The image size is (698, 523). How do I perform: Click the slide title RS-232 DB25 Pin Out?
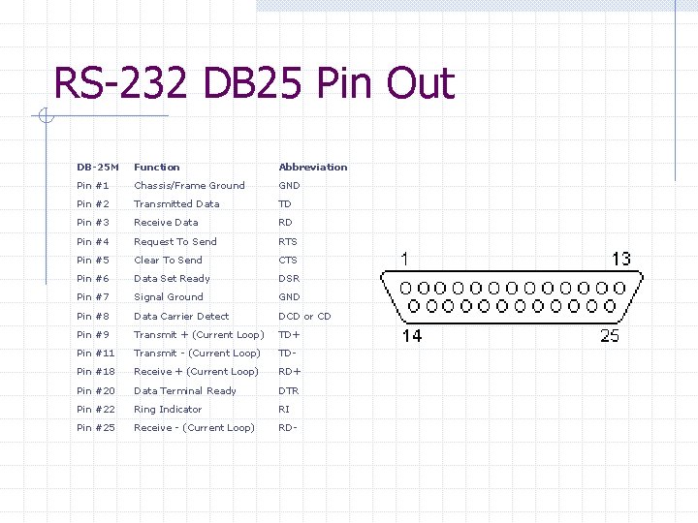[x=254, y=83]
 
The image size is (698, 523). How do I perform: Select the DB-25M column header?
[x=98, y=167]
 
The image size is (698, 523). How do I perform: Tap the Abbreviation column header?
[x=312, y=167]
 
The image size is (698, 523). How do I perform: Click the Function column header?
[x=157, y=167]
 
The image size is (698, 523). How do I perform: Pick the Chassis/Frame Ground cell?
[x=189, y=185]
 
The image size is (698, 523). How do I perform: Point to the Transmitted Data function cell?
[x=176, y=203]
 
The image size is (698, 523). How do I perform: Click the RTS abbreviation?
[x=288, y=241]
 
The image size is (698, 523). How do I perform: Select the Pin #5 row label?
[x=93, y=260]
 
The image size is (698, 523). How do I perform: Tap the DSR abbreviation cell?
[x=289, y=278]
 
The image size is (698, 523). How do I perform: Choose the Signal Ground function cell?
[x=169, y=296]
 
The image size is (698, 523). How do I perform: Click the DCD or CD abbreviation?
[x=304, y=316]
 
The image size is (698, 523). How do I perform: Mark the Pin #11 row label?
[x=96, y=353]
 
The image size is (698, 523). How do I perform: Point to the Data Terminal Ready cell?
[x=185, y=390]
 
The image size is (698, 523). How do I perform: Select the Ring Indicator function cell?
[x=168, y=409]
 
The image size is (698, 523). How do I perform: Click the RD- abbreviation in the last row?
[x=288, y=427]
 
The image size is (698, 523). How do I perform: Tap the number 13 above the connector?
[x=620, y=259]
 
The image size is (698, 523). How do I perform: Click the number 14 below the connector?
[x=412, y=336]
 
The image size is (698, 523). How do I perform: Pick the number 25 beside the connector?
[x=609, y=336]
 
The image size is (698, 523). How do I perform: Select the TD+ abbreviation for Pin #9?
[x=289, y=334]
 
